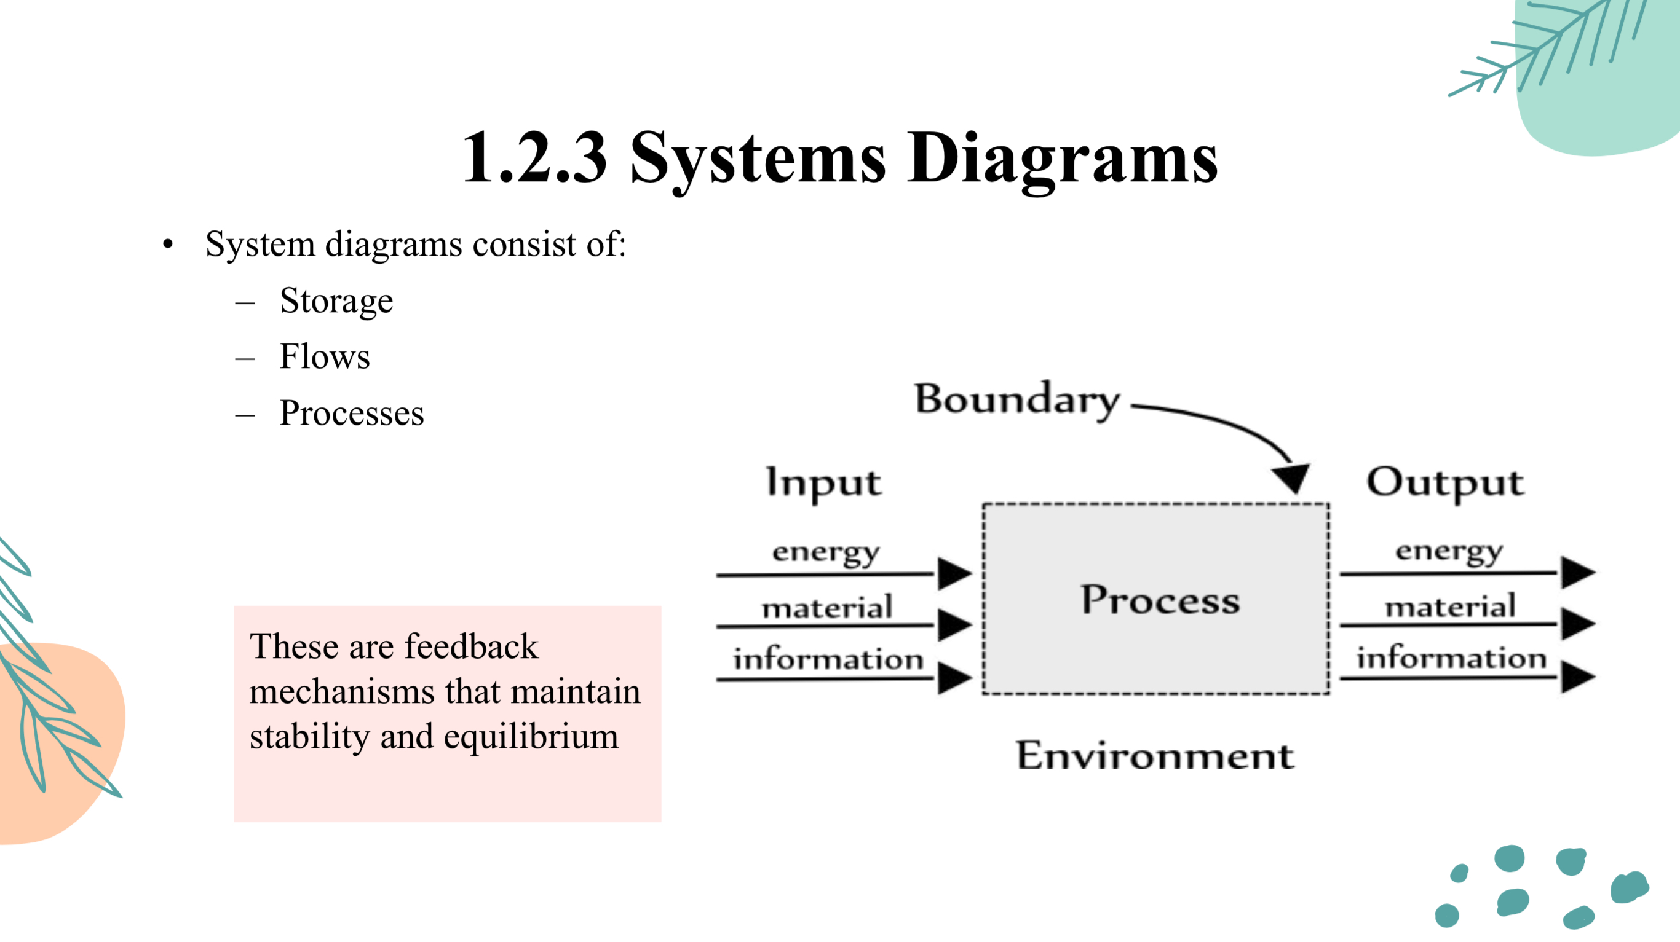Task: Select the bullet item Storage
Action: [x=336, y=301]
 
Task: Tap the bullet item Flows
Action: [x=325, y=357]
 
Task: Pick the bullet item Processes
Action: [x=352, y=414]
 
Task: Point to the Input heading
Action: [x=823, y=483]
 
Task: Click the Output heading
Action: [x=1445, y=483]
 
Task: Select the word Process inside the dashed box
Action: [x=1160, y=600]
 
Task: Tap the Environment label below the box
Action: [x=1155, y=756]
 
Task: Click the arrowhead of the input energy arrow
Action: [x=954, y=574]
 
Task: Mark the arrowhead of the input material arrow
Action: [x=954, y=624]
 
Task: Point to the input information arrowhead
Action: [x=954, y=678]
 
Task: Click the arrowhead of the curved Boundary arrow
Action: [x=1292, y=478]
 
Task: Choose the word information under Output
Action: [x=1452, y=657]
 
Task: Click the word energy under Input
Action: [x=826, y=553]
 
